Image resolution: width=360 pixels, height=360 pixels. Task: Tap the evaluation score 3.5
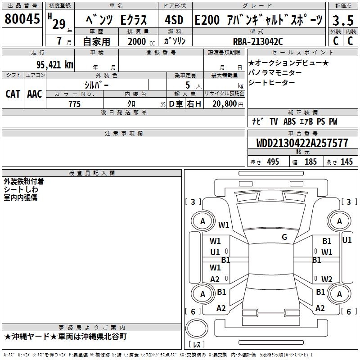pyautogui.click(x=342, y=20)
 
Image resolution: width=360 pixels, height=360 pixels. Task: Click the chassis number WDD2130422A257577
pyautogui.click(x=302, y=143)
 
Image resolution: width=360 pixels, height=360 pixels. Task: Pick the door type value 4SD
pyautogui.click(x=175, y=20)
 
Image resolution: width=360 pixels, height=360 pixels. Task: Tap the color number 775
pyautogui.click(x=74, y=104)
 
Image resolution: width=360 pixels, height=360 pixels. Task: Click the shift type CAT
pyautogui.click(x=13, y=94)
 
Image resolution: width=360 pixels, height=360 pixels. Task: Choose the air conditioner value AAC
pyautogui.click(x=34, y=94)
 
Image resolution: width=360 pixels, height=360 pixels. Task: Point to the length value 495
pyautogui.click(x=273, y=162)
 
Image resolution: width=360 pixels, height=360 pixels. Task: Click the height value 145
pyautogui.click(x=346, y=162)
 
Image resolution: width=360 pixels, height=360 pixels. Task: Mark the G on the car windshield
pyautogui.click(x=284, y=237)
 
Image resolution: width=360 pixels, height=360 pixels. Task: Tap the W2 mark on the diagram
pyautogui.click(x=327, y=279)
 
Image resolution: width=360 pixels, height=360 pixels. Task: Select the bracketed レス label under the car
pyautogui.click(x=196, y=345)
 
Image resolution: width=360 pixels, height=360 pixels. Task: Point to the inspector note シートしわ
pyautogui.click(x=21, y=189)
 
